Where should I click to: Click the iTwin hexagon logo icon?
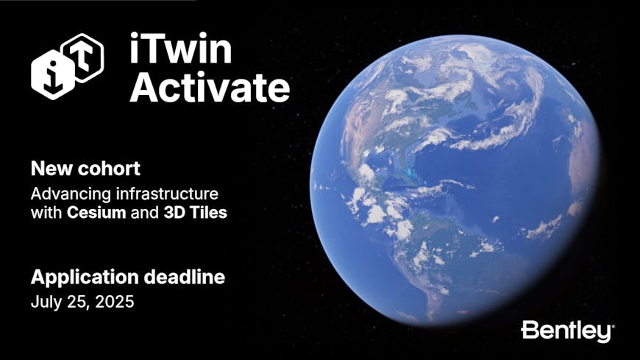[x=66, y=67]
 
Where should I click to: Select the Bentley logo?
[x=567, y=331]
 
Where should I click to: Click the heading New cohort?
[x=85, y=169]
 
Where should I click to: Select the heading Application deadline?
[x=127, y=278]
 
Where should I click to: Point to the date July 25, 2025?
[x=82, y=301]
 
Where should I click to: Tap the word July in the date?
[x=45, y=301]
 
